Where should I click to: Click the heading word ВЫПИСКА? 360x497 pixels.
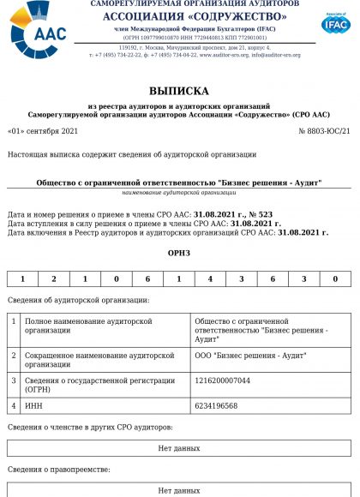[x=179, y=89]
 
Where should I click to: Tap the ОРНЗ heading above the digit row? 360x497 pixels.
[x=179, y=253]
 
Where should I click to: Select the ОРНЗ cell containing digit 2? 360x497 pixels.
[x=54, y=278]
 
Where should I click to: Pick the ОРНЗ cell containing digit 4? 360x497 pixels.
[x=210, y=278]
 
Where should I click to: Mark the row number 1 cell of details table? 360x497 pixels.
[x=14, y=329]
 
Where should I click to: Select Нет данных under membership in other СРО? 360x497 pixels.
[x=179, y=448]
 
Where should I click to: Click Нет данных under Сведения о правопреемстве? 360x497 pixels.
[x=179, y=490]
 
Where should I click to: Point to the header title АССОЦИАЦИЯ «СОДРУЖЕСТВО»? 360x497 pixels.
[x=195, y=17]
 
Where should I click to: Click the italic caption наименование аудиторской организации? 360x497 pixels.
[x=179, y=192]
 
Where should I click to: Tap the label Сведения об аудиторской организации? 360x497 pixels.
[x=78, y=300]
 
